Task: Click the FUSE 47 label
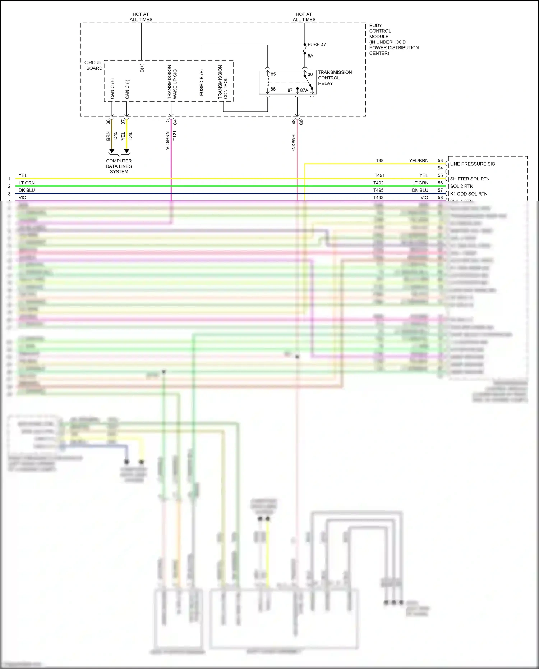click(x=317, y=45)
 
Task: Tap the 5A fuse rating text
click(x=310, y=56)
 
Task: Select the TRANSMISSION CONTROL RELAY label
click(x=335, y=78)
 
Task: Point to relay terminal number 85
click(x=273, y=74)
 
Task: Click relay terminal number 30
click(x=310, y=74)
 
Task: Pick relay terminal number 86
click(x=273, y=89)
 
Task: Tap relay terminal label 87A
click(x=304, y=90)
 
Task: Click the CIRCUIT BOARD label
click(x=94, y=65)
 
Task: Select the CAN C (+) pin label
click(x=112, y=89)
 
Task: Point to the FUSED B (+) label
click(x=202, y=83)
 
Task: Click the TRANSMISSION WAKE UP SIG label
click(x=172, y=82)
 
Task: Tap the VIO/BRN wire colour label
click(x=167, y=141)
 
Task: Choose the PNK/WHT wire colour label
click(x=294, y=142)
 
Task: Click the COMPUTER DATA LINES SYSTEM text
click(x=119, y=166)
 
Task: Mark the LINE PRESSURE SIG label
click(x=472, y=164)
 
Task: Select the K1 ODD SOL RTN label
click(x=469, y=194)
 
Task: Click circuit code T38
click(x=379, y=161)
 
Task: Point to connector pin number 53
click(x=440, y=161)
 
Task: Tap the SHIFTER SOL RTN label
click(x=470, y=179)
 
